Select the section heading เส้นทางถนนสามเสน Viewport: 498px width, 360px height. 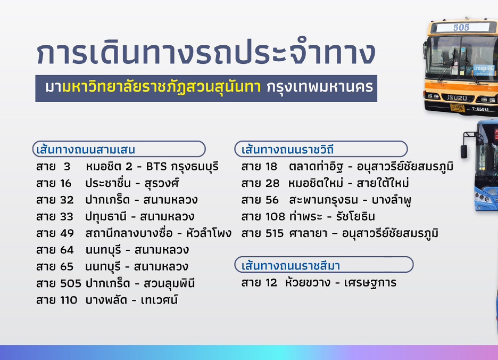pos(86,150)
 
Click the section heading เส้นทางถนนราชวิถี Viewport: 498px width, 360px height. pos(287,150)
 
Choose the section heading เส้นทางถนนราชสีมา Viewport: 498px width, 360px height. pos(290,266)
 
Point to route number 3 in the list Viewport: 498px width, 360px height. pos(67,167)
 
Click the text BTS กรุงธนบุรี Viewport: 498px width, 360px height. pos(182,167)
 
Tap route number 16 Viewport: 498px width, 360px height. pos(66,184)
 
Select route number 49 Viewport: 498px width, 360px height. pos(67,233)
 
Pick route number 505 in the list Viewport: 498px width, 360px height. pos(71,283)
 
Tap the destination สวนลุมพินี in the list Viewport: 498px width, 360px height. pos(169,283)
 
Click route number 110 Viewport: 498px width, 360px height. pos(69,300)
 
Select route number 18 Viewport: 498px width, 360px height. pos(271,167)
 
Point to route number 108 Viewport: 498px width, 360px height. pos(275,217)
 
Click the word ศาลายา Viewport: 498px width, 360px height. pos(308,233)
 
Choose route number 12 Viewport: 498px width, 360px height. pos(271,283)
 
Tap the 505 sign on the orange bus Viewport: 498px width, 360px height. pos(461,27)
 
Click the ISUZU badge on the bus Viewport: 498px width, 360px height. pos(458,98)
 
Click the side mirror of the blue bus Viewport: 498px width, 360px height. pos(464,151)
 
